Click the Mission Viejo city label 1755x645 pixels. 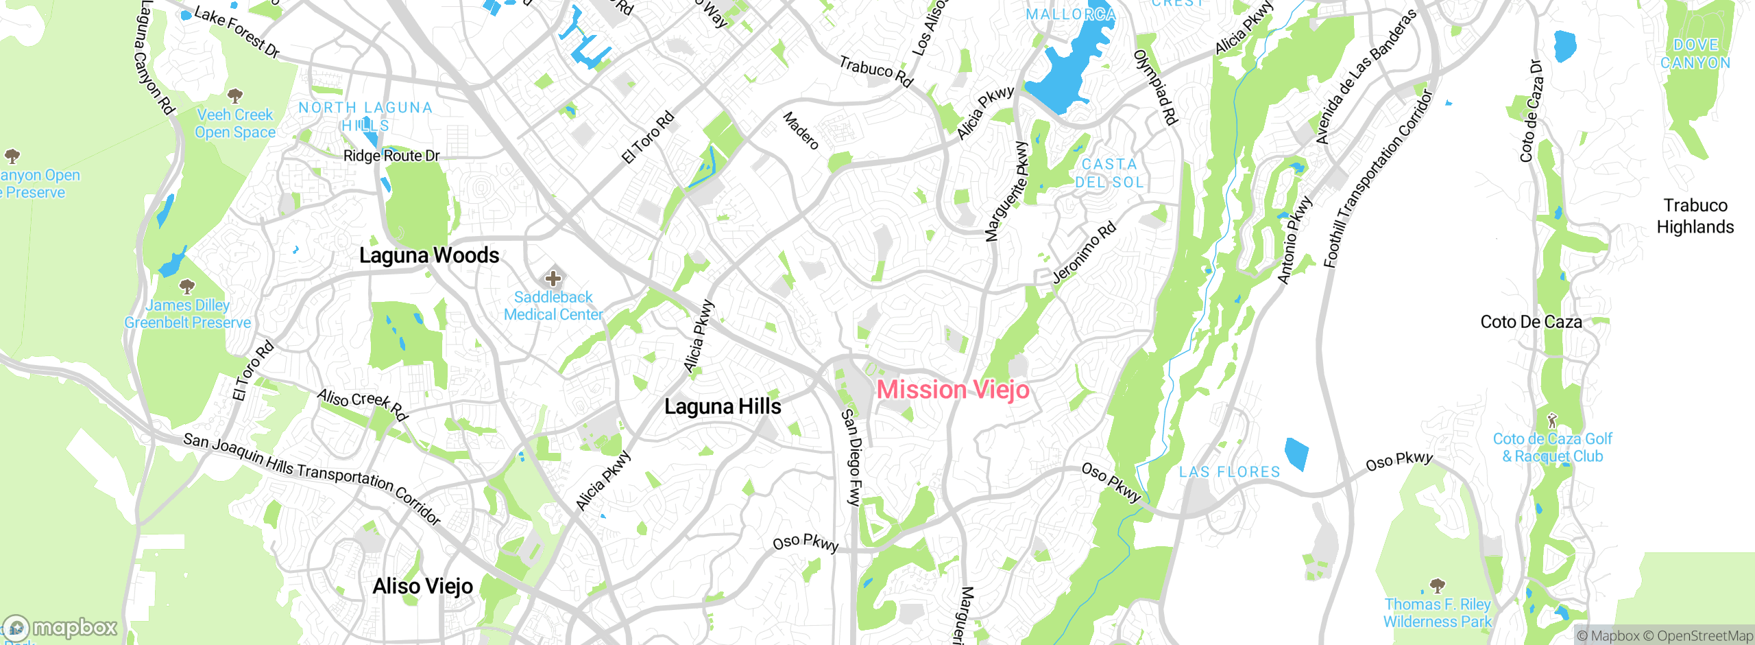(x=953, y=390)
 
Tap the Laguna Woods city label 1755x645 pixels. (x=429, y=255)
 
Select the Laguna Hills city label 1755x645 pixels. (x=723, y=406)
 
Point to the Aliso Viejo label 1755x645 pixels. (x=423, y=587)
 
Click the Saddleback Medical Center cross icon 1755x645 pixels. (x=553, y=279)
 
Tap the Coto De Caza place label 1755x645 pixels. (x=1531, y=322)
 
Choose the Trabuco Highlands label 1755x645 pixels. (x=1695, y=216)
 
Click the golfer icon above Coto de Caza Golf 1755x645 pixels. (x=1553, y=420)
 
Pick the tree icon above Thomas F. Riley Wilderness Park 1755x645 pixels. (x=1437, y=585)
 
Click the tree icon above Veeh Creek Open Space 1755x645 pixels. (x=235, y=95)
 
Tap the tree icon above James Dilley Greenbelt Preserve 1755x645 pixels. (x=186, y=286)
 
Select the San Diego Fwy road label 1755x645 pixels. (x=851, y=458)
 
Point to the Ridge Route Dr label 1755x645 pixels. (x=391, y=156)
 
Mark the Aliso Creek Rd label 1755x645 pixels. (x=363, y=404)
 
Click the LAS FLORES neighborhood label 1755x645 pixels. (x=1229, y=472)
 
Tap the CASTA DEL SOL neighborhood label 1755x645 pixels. (x=1109, y=174)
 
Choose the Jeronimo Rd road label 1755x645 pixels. (x=1084, y=253)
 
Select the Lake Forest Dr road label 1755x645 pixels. (x=237, y=32)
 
